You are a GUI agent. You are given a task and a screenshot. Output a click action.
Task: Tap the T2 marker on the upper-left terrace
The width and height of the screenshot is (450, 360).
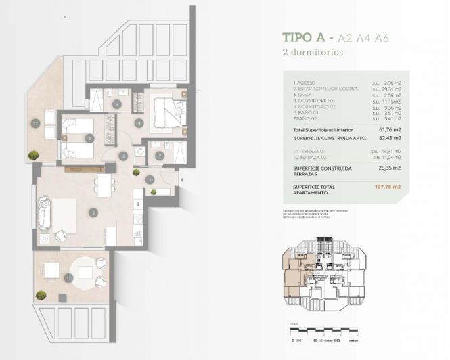[35, 123]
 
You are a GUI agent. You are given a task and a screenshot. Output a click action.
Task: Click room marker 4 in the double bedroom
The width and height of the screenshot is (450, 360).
[138, 123]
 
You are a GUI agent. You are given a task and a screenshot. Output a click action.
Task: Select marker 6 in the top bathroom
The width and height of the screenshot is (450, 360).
[117, 104]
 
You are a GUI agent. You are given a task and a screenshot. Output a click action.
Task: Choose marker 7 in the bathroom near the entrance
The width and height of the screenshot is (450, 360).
[159, 156]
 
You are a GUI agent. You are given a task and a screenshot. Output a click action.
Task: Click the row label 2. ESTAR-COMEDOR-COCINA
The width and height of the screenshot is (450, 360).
[321, 89]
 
